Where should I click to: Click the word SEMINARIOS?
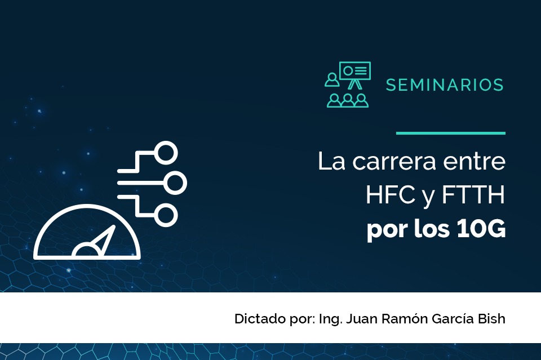445,85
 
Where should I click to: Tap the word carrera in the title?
394,161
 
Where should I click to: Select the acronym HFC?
390,195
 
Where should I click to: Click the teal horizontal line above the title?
451,133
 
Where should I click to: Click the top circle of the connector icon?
166,153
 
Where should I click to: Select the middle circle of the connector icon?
175,183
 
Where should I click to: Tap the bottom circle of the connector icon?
166,215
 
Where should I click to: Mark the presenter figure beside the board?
332,79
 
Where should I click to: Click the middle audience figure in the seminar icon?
348,100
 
